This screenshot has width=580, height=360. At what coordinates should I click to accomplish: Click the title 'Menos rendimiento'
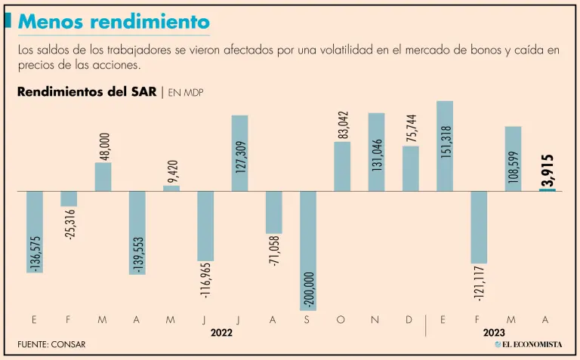click(x=113, y=22)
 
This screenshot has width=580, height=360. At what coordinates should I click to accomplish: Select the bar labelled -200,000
click(x=307, y=250)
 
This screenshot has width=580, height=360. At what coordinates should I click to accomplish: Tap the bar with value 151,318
click(x=444, y=146)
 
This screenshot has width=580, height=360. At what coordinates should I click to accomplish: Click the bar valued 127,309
click(x=239, y=152)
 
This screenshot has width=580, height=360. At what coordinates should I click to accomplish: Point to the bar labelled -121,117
click(x=478, y=226)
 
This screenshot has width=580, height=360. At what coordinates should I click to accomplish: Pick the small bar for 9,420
click(x=171, y=188)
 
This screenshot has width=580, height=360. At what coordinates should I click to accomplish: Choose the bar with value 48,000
click(x=103, y=176)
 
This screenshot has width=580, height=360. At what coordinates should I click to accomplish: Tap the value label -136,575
click(x=36, y=254)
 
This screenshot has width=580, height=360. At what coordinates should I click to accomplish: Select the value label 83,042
click(x=342, y=124)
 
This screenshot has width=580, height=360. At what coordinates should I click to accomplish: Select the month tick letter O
click(x=341, y=320)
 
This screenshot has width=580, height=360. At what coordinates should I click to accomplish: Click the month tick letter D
click(x=409, y=320)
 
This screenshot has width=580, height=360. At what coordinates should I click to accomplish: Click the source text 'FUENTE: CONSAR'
click(x=51, y=345)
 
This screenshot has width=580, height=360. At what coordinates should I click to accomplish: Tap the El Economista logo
click(x=529, y=344)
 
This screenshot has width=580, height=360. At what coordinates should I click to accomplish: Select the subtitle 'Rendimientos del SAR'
click(x=86, y=92)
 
